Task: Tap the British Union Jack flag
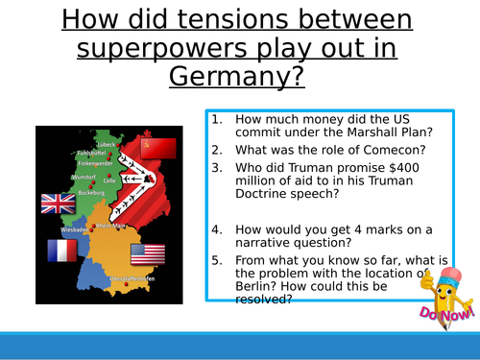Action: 58,203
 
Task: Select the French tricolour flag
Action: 62,251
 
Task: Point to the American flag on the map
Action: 148,253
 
